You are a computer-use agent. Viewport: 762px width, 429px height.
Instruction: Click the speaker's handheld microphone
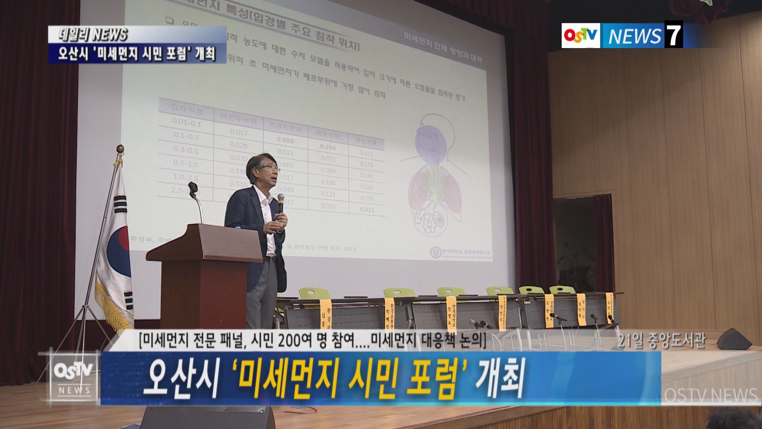[x=281, y=203]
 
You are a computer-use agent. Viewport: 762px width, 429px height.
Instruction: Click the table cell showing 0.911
[x=367, y=209]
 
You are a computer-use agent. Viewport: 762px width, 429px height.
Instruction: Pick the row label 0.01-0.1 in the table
[x=187, y=123]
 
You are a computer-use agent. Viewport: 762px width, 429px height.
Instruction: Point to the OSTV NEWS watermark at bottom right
[x=710, y=396]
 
